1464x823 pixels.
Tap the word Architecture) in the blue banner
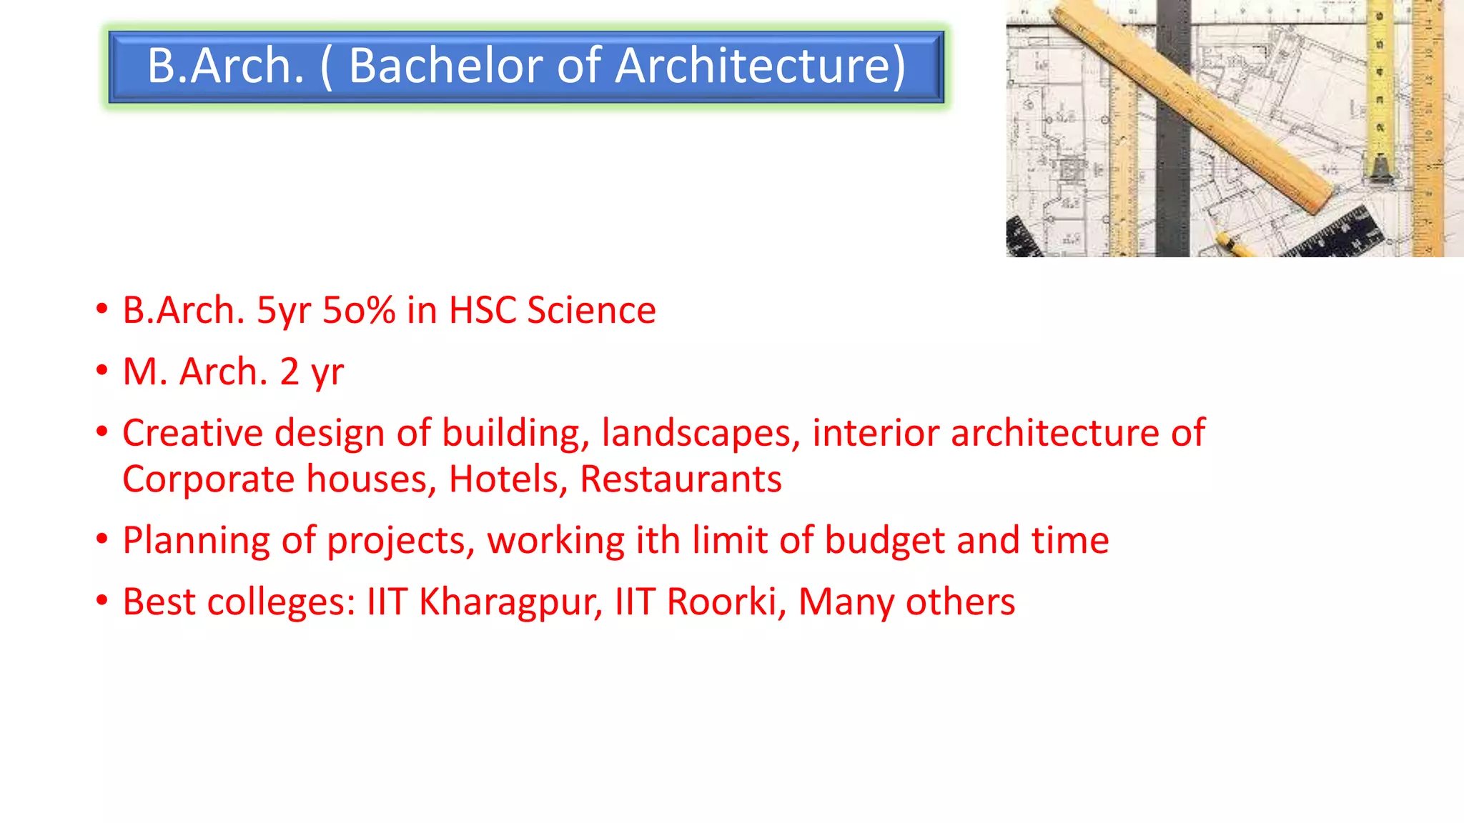(761, 66)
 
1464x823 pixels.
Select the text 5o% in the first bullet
(359, 311)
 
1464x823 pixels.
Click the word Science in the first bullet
(591, 311)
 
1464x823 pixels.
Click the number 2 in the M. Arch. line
(290, 372)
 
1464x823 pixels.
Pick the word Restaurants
(681, 479)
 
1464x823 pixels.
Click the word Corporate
(208, 479)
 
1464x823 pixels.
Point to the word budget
(885, 541)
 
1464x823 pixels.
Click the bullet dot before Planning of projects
(102, 539)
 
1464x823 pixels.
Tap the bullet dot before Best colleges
(102, 601)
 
